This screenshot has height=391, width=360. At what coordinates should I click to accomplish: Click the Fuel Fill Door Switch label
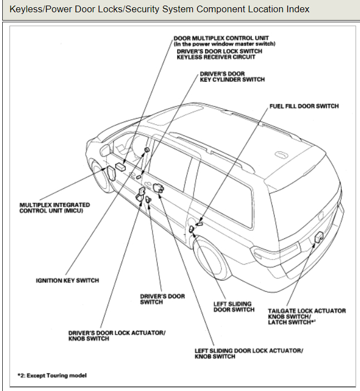pos(303,106)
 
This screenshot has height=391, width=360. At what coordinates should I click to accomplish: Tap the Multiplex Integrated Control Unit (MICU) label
pos(54,208)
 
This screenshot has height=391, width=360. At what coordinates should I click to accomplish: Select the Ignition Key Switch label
pos(67,280)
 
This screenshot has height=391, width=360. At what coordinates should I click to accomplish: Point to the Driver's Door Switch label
pos(162,299)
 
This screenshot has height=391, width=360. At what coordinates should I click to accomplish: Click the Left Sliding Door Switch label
pos(233,307)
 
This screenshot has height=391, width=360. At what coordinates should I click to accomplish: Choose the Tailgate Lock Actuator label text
pos(307,311)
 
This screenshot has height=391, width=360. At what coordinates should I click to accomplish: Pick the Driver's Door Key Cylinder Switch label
pos(232,76)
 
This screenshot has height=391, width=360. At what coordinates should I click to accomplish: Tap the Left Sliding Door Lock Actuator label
pos(249,350)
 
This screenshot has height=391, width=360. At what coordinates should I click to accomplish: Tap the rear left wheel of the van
pos(212,256)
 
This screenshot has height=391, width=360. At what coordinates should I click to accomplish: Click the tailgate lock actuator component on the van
pos(319,237)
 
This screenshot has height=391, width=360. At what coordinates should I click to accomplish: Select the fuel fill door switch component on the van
pos(199,223)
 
